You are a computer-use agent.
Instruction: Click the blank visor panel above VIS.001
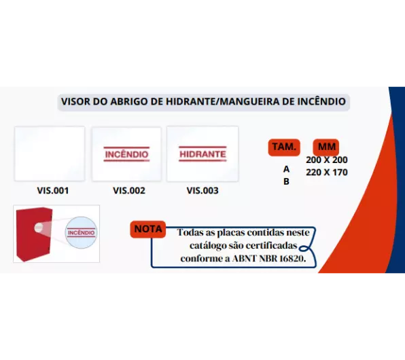[50, 154]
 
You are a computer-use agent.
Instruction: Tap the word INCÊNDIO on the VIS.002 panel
[126, 154]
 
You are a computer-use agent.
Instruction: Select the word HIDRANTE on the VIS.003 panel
[202, 154]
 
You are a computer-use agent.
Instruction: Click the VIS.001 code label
[53, 191]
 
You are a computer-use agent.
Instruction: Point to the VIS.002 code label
[129, 191]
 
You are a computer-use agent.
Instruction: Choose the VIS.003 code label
[202, 191]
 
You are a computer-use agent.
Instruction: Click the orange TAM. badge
[284, 147]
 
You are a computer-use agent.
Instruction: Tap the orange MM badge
[326, 147]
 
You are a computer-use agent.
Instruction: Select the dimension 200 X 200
[327, 160]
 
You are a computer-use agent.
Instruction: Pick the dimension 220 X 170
[327, 173]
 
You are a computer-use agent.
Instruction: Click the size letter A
[286, 169]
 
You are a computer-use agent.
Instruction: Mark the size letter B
[286, 181]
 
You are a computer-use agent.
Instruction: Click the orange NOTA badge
[148, 229]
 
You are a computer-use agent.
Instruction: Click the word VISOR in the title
[75, 101]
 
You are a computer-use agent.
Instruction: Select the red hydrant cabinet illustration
[34, 234]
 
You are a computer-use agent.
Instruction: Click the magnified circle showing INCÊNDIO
[81, 233]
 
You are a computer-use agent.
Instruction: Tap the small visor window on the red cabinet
[39, 228]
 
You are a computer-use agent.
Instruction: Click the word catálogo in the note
[206, 246]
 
